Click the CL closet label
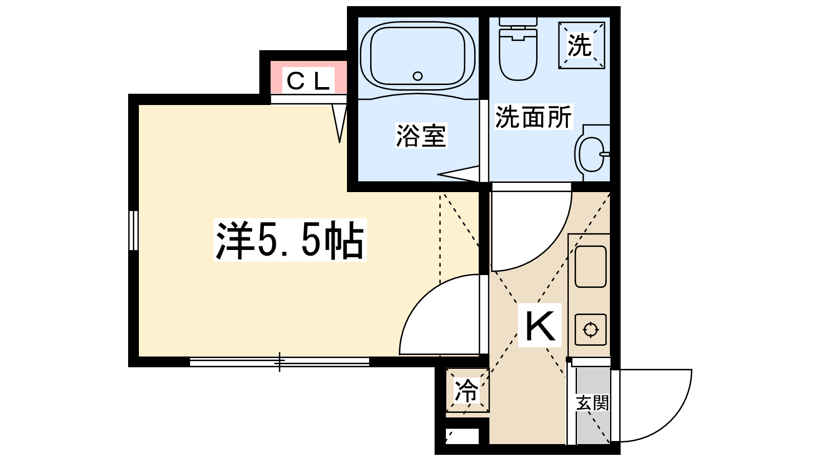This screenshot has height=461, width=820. click(x=307, y=81)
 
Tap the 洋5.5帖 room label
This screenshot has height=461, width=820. click(x=290, y=240)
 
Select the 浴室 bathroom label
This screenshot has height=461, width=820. click(x=421, y=136)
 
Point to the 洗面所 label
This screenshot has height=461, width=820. click(x=533, y=117)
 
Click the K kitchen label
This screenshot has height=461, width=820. click(x=540, y=326)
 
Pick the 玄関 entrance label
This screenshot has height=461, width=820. click(x=592, y=403)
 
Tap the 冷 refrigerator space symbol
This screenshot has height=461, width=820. click(x=467, y=390)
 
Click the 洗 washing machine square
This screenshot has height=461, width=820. click(x=581, y=46)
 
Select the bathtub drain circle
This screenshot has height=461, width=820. click(x=418, y=76)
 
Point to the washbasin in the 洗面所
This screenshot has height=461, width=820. click(x=592, y=154)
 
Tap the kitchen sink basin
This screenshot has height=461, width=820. click(x=590, y=266)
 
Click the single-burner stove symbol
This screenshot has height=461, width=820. click(x=590, y=329)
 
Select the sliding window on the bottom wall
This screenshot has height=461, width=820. click(x=279, y=362)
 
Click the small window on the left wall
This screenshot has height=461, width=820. click(x=133, y=230)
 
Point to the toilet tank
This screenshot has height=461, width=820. click(x=518, y=22)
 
